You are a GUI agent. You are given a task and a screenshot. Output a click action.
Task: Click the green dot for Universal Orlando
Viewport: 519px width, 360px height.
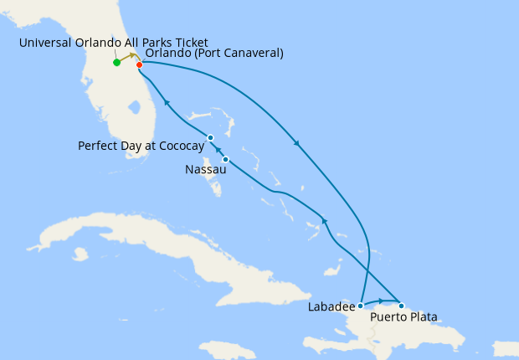tap(116, 62)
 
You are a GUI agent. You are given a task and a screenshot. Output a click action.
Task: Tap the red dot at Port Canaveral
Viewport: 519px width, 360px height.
tap(139, 64)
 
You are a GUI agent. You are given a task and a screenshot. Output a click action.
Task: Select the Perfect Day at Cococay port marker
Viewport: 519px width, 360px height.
tap(210, 137)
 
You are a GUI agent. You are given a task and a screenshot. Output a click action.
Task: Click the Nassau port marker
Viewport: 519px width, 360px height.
tap(225, 159)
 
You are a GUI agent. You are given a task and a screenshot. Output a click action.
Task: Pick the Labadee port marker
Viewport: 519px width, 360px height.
tap(360, 306)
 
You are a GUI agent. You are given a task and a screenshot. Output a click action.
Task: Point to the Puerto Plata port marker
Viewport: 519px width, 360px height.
tap(401, 306)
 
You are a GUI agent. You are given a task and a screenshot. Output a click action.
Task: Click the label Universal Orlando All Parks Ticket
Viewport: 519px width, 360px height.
tap(113, 43)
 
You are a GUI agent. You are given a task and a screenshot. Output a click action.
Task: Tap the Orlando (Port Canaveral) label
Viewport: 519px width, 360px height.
tap(214, 54)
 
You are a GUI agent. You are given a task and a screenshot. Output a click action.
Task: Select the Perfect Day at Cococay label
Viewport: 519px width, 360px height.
tap(141, 146)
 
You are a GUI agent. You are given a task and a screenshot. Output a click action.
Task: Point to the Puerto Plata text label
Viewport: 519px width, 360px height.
tap(404, 317)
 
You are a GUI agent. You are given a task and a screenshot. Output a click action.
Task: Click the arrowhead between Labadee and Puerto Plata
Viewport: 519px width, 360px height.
tap(382, 301)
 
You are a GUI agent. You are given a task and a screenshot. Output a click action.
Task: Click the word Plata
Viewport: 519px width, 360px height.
tap(423, 317)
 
